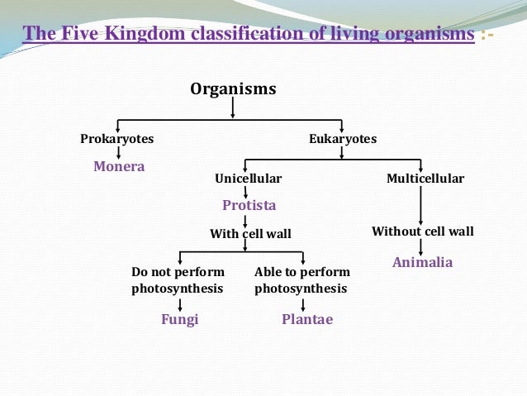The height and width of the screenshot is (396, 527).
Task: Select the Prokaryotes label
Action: pos(116,139)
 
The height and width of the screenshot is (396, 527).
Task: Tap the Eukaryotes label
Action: pos(342,139)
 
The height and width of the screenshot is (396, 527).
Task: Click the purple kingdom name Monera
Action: pos(119,166)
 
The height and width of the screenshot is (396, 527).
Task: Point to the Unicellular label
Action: pos(248,179)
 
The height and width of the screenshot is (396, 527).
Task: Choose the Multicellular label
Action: pos(425,179)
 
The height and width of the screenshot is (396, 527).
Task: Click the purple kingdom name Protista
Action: pos(249,204)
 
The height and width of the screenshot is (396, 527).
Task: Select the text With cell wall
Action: pos(250,234)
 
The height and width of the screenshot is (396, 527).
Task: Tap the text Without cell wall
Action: pos(423,231)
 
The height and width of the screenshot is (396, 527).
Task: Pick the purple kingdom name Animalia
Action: pos(422,262)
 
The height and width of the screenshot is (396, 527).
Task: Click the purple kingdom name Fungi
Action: pos(179,319)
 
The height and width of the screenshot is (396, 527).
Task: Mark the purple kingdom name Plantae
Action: pos(307,319)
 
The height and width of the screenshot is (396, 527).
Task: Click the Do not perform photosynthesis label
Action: pos(178,280)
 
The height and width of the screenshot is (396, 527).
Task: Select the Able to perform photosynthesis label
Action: pos(302,280)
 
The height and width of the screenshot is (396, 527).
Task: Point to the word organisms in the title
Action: pos(421,34)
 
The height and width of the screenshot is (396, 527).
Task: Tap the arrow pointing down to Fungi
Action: pos(180,303)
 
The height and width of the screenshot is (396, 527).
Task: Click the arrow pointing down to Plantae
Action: pos(303,303)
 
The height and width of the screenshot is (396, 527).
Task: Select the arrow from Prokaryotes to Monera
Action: pos(118,152)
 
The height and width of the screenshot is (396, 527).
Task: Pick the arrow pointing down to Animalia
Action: pos(422,246)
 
